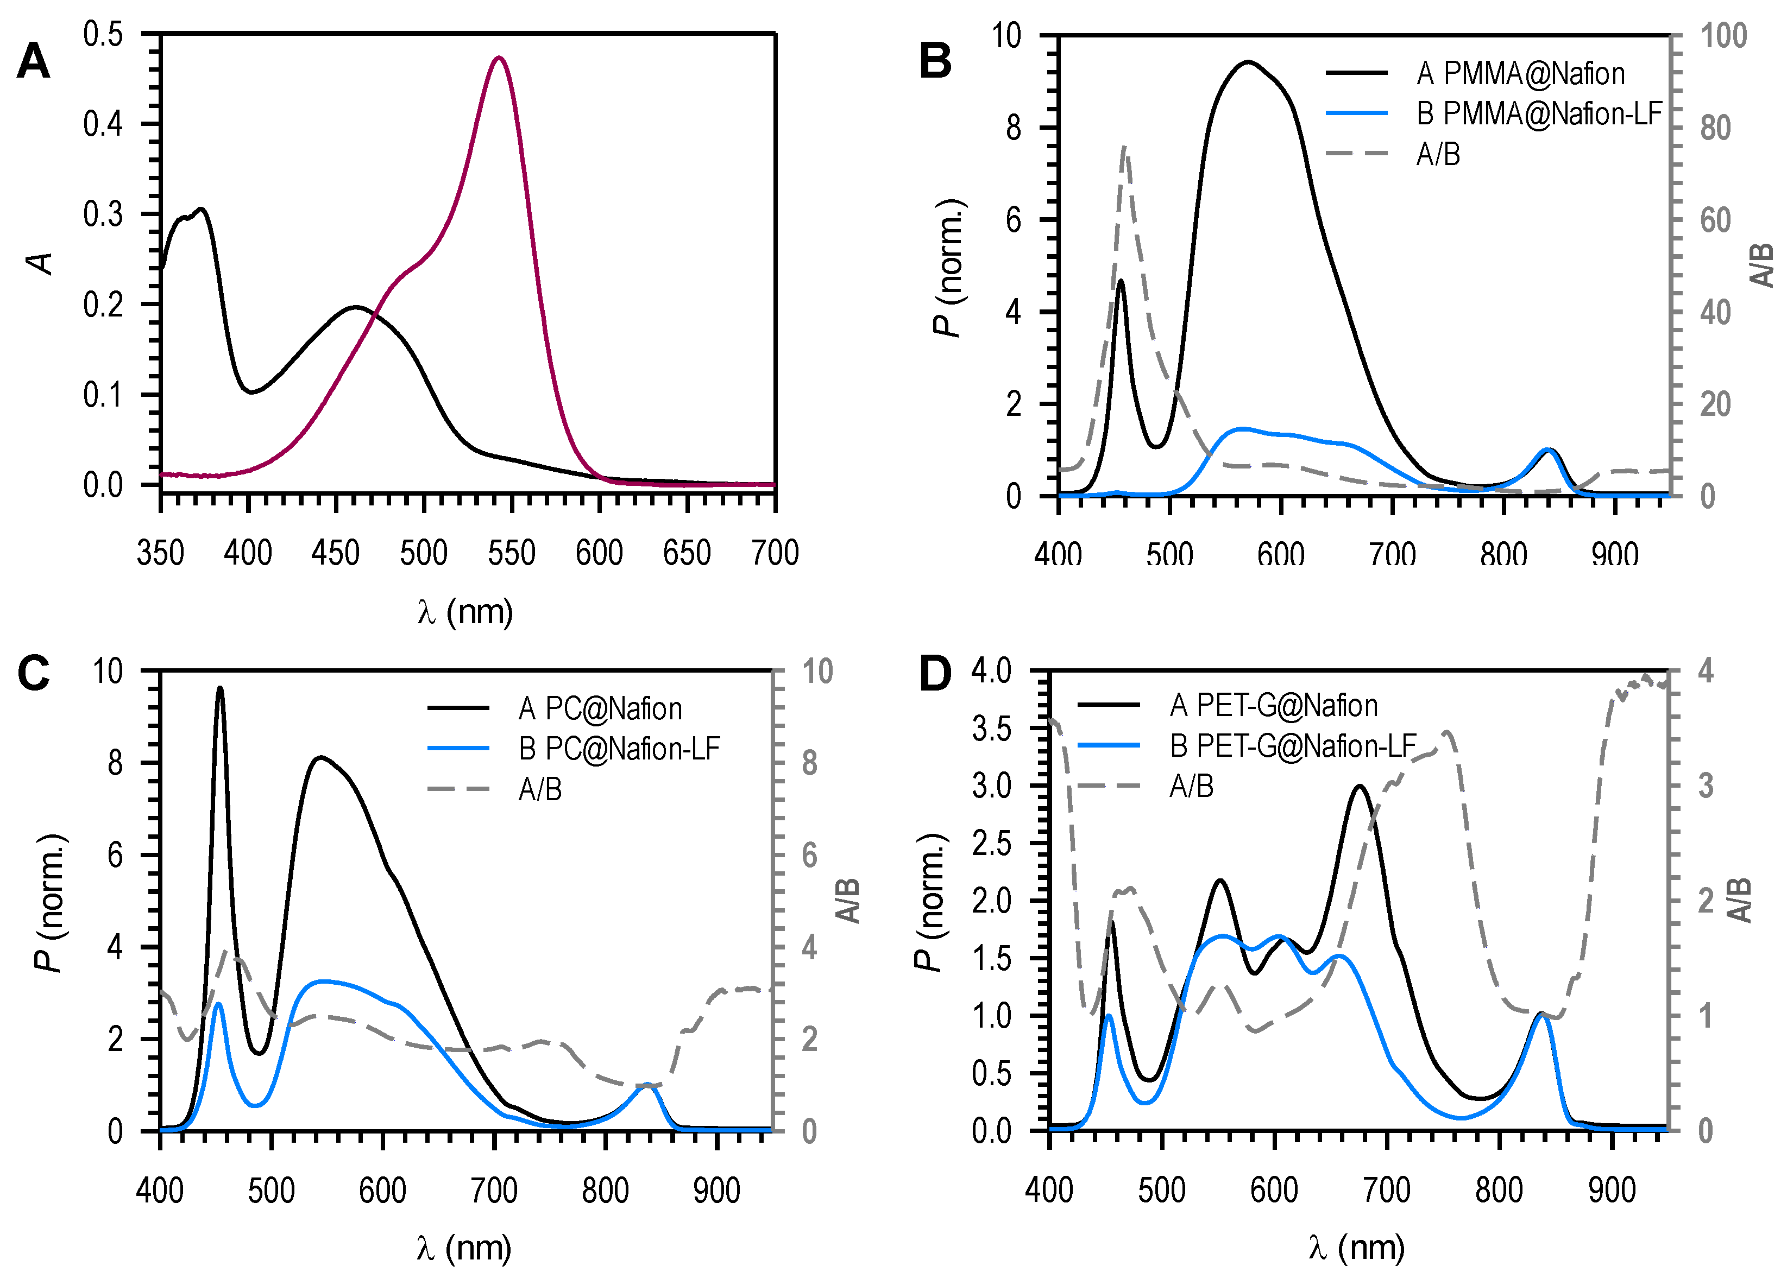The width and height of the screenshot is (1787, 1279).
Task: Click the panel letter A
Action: click(x=33, y=61)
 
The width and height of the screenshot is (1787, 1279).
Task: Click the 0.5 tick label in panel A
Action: click(x=103, y=35)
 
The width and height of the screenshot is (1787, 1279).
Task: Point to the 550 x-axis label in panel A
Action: click(x=511, y=553)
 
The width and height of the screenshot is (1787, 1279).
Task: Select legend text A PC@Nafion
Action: click(x=600, y=709)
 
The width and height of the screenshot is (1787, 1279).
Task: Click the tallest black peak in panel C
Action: click(x=220, y=688)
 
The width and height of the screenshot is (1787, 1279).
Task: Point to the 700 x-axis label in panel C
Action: click(x=494, y=1190)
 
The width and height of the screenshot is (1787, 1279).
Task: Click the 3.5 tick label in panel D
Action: click(x=991, y=729)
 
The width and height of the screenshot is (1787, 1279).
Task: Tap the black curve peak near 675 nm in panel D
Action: click(x=1359, y=786)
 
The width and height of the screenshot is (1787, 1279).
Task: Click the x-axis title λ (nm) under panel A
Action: click(x=465, y=612)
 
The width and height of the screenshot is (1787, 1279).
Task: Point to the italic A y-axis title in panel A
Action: click(x=40, y=263)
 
